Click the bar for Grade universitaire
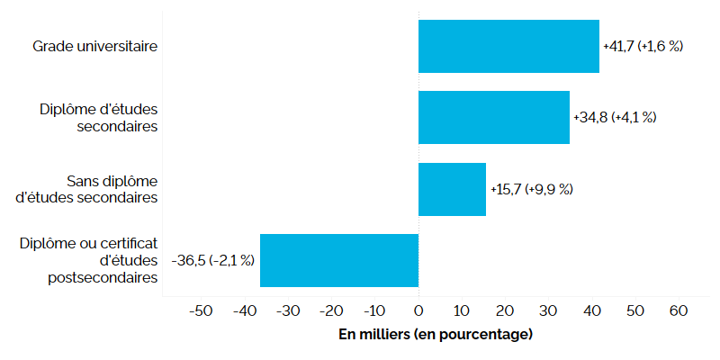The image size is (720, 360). [508, 46]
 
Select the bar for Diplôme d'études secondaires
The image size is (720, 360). [494, 117]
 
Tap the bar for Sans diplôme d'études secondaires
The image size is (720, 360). [452, 189]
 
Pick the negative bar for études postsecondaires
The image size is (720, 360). [339, 260]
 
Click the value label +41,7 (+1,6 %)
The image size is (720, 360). [643, 46]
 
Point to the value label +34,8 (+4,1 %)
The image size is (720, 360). [615, 118]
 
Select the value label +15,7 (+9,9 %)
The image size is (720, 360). [531, 190]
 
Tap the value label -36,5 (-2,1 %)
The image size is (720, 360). [213, 260]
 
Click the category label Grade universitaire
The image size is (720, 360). [95, 45]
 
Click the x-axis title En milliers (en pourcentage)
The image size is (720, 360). [436, 335]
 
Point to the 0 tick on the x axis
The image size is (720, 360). [418, 310]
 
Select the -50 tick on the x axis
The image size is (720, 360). [200, 310]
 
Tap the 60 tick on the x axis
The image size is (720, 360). [679, 310]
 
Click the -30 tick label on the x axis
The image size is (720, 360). [286, 310]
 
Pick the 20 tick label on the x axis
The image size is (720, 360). [505, 310]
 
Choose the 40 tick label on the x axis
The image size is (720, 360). [592, 310]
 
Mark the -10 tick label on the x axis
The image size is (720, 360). [373, 310]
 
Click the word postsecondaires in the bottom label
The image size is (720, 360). [103, 278]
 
